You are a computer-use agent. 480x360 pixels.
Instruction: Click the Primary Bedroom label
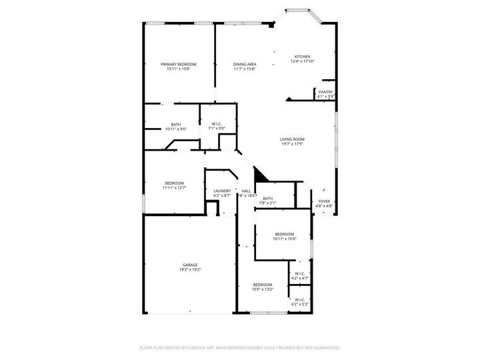[178, 64]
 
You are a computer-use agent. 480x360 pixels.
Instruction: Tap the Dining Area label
[245, 64]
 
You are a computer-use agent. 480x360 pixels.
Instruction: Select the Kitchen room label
[303, 57]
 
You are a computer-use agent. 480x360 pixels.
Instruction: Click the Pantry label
[326, 92]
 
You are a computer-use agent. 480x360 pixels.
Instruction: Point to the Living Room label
[292, 139]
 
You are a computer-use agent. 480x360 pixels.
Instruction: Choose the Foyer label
[324, 201]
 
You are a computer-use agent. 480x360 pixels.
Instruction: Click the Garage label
[190, 265]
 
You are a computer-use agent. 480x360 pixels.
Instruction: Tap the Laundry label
[222, 191]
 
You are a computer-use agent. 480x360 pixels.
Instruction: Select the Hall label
[246, 191]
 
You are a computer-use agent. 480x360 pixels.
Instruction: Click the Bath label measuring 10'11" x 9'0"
[175, 124]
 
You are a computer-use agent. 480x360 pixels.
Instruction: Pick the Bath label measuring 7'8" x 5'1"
[267, 198]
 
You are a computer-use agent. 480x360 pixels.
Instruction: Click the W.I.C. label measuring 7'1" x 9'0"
[217, 124]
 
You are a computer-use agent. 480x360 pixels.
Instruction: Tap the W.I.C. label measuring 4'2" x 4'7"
[299, 273]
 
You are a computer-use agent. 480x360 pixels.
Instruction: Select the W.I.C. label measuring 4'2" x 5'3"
[299, 299]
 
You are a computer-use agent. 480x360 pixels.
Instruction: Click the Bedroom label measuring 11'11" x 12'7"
[175, 183]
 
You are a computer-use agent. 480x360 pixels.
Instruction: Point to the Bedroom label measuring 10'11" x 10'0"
[285, 234]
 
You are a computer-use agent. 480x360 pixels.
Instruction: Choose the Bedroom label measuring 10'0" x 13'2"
[262, 285]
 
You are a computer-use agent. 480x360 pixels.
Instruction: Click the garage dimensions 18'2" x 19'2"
[190, 269]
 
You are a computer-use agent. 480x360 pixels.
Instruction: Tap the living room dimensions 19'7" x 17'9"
[292, 143]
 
